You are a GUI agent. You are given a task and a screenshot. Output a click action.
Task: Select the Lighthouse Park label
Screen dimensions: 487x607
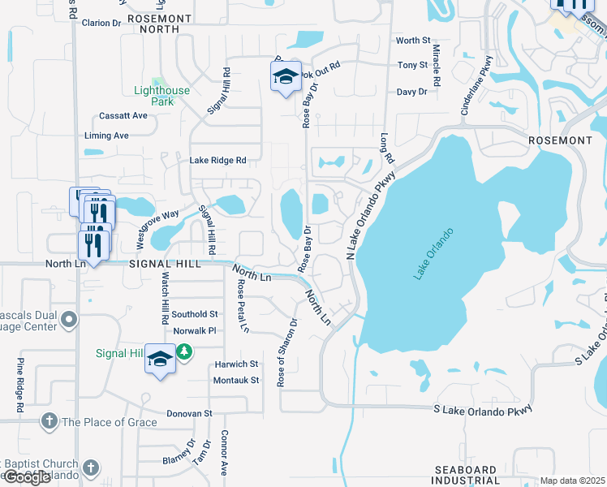coord(162,97)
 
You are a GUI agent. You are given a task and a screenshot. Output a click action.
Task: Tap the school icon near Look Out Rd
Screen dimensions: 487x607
coord(286,77)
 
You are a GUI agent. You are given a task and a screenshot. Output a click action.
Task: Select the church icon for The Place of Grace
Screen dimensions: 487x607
coord(49,421)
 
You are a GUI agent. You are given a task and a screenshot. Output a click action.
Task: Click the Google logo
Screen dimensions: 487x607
coord(26,477)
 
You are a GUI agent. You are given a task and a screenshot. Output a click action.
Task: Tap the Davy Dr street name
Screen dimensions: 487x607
coord(411,92)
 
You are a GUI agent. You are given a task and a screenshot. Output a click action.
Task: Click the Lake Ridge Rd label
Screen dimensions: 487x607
coord(217,161)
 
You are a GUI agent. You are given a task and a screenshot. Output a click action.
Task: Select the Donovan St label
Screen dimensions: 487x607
coord(188,413)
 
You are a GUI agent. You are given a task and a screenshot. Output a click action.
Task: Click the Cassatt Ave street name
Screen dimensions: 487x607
coord(123,115)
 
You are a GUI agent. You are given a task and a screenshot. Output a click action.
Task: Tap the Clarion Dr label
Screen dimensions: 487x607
coord(101,23)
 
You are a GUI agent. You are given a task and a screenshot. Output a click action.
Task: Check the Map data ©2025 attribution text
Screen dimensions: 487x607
coord(573,481)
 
